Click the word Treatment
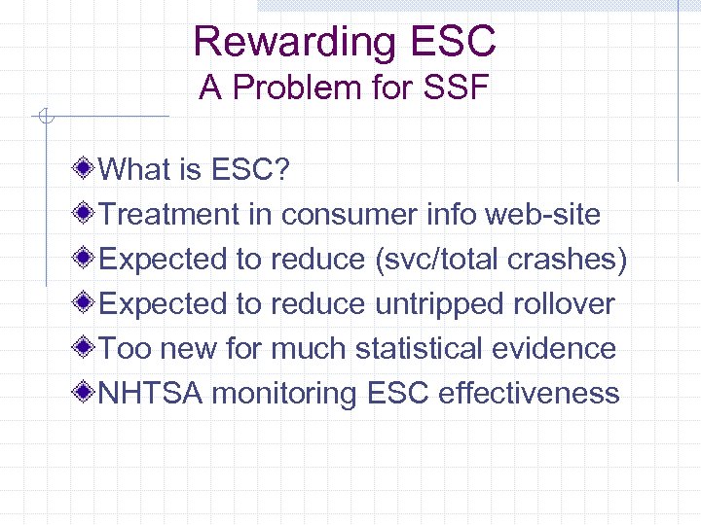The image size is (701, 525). (169, 215)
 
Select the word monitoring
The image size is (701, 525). (284, 394)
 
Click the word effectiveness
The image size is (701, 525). (529, 394)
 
